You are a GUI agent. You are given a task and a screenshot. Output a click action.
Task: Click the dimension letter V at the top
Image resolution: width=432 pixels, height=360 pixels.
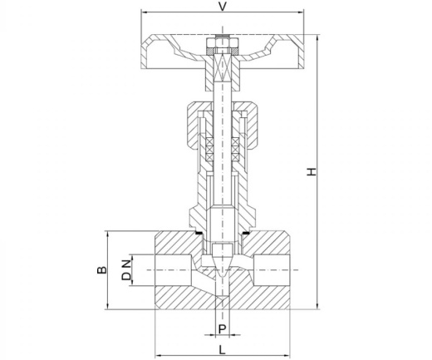point(222,6)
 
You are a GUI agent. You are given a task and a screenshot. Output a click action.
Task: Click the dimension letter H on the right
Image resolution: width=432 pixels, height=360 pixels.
point(312,171)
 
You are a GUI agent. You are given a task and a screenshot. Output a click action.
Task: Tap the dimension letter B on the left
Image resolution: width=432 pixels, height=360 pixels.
point(102,270)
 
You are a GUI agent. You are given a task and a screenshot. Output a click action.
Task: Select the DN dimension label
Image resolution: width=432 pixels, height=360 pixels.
point(126,269)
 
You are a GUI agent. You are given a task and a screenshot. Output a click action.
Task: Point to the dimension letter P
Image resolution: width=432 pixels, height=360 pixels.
point(223,329)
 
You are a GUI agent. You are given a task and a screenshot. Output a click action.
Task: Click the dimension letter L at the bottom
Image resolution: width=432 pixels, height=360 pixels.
point(222,350)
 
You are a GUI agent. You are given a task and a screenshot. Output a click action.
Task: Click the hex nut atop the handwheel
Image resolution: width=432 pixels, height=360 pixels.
point(223,43)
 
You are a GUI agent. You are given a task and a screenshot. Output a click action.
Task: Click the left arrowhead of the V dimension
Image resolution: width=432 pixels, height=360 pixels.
point(144,12)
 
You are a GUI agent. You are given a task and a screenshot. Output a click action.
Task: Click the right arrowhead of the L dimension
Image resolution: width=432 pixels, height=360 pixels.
point(287,355)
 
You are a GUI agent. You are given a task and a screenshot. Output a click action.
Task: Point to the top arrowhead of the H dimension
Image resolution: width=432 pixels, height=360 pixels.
point(317,38)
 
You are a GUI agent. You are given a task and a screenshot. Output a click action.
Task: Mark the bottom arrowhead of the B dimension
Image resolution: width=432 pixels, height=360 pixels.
point(107,306)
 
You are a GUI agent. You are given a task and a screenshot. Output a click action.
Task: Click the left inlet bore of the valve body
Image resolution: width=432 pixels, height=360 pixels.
point(173,270)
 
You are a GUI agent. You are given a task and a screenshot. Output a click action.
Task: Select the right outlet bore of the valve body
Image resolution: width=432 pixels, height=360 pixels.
point(272,270)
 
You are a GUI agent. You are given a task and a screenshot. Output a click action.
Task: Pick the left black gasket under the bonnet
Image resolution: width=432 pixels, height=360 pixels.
point(199,233)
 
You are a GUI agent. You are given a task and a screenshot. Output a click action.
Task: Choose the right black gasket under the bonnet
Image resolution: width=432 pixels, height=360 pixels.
point(246,233)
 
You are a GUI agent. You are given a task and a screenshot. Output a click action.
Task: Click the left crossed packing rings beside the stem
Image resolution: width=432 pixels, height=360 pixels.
point(209,150)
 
